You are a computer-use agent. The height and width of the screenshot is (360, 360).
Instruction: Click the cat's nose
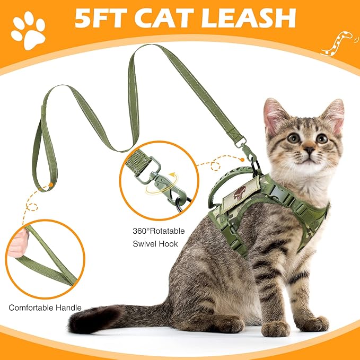coord(309,150)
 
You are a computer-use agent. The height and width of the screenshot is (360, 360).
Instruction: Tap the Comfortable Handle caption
coord(45,308)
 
